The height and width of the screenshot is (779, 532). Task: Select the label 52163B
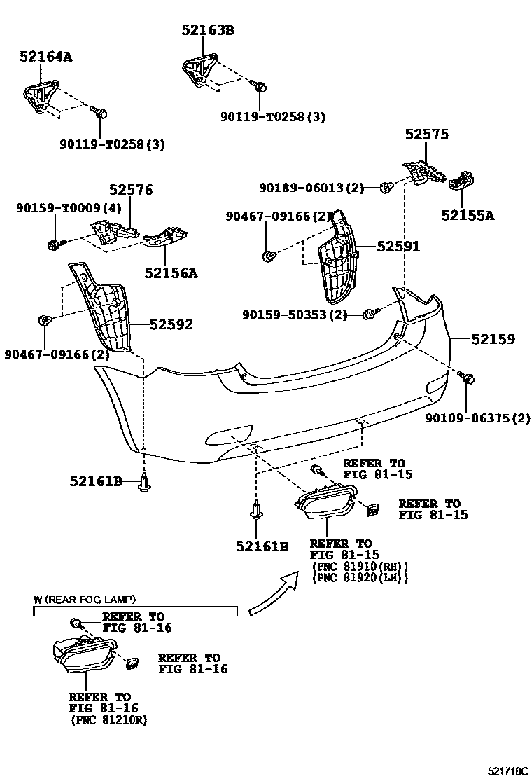click(208, 30)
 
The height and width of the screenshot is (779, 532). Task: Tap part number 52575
click(426, 135)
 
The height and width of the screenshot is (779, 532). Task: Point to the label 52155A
click(467, 216)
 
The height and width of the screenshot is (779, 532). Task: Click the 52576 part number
click(130, 190)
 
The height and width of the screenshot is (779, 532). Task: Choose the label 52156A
click(171, 273)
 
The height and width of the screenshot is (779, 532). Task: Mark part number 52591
click(398, 247)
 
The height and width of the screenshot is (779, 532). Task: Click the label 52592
click(170, 324)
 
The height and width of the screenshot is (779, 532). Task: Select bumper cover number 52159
click(493, 339)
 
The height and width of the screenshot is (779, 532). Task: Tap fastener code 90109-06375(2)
click(477, 419)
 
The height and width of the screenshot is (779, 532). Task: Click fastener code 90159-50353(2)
click(295, 315)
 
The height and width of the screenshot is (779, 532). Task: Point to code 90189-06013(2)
click(311, 188)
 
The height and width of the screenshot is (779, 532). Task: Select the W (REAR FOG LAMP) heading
click(85, 600)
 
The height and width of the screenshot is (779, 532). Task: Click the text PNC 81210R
click(108, 720)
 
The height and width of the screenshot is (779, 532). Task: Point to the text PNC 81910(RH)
click(358, 566)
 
